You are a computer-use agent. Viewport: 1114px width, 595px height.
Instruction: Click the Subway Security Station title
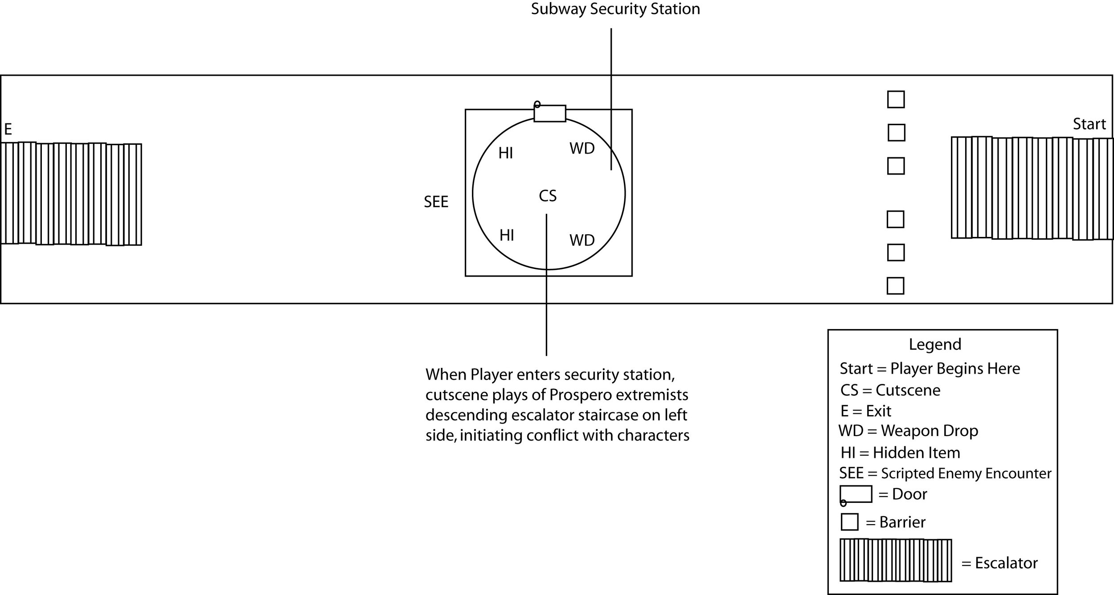[x=615, y=9]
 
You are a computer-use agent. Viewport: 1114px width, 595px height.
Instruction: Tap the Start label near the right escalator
[x=1089, y=124]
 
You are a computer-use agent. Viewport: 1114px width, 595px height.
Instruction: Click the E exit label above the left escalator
[x=8, y=130]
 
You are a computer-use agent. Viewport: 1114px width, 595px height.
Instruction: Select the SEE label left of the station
[x=436, y=202]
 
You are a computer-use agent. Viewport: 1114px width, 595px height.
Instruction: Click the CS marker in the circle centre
[x=548, y=196]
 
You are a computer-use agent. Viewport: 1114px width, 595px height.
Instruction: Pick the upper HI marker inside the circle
[x=506, y=153]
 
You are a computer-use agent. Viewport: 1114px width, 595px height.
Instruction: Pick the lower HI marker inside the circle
[x=507, y=235]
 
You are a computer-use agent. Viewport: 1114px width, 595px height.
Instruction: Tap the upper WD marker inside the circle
[x=582, y=149]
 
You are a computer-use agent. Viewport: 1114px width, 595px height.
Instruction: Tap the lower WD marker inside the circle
[x=582, y=240]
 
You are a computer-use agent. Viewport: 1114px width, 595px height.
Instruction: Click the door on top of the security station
[x=550, y=114]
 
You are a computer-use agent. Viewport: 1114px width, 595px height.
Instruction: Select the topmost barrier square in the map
[x=896, y=99]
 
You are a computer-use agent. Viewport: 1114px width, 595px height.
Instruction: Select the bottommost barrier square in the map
[x=895, y=286]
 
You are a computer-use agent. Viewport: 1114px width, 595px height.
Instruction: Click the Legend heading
[x=935, y=344]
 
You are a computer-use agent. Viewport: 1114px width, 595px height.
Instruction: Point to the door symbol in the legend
[x=856, y=494]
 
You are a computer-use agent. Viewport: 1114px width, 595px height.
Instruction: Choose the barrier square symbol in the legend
[x=849, y=522]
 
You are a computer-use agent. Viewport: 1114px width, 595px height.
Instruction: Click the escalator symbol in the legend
[x=896, y=560]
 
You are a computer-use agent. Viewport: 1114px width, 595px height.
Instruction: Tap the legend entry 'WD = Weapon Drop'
[x=908, y=431]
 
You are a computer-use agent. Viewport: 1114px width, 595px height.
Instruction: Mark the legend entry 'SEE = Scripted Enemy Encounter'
[x=945, y=473]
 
